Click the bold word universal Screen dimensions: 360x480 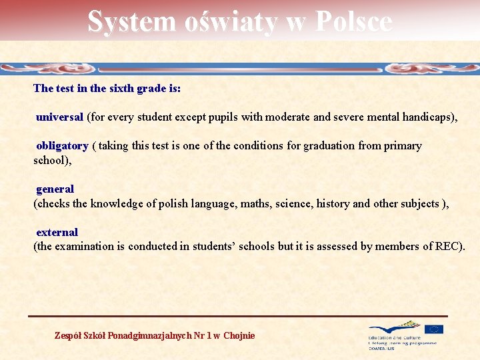pyautogui.click(x=59, y=117)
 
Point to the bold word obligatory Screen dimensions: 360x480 pyautogui.click(x=62, y=146)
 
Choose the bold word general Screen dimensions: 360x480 pyautogui.click(x=55, y=189)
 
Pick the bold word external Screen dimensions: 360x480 pyautogui.click(x=57, y=233)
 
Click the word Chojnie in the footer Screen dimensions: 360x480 pyautogui.click(x=239, y=335)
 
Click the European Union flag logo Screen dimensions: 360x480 pyautogui.click(x=434, y=329)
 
